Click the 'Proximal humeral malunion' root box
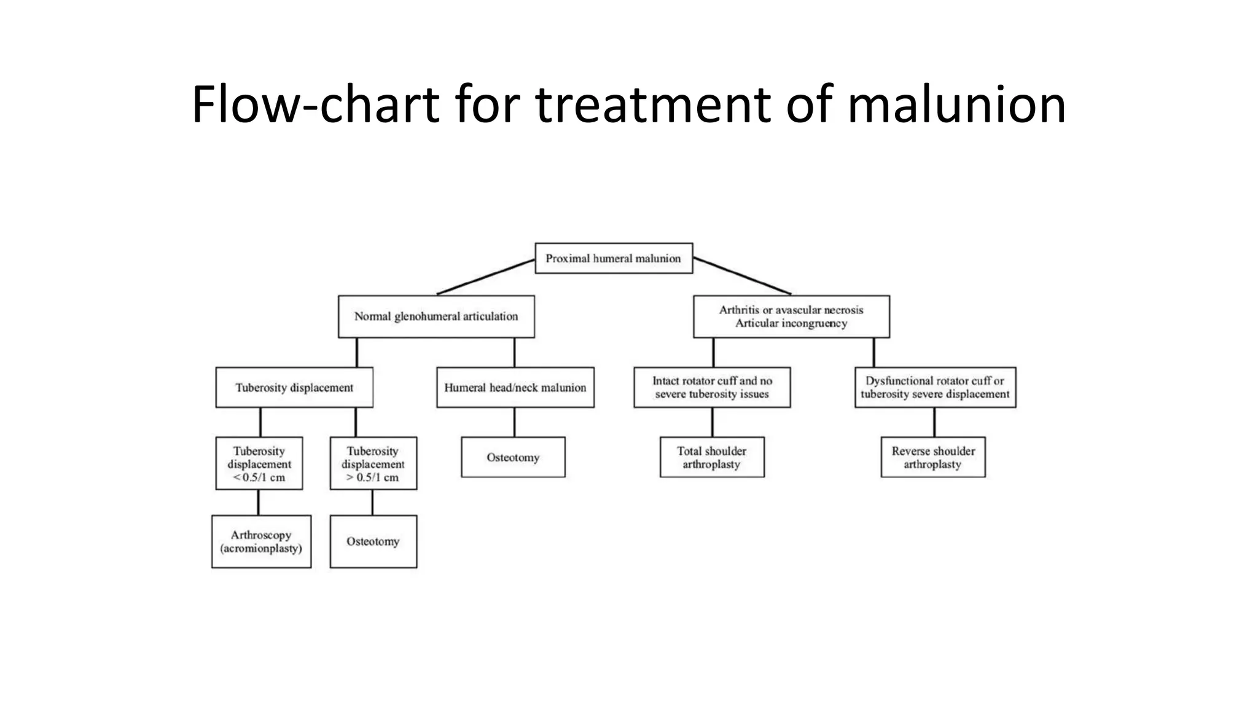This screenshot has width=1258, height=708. click(x=614, y=258)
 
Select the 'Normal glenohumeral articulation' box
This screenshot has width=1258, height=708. click(x=436, y=317)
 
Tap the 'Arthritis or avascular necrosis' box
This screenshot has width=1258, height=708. click(x=791, y=317)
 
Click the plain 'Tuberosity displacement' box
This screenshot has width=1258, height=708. click(x=294, y=387)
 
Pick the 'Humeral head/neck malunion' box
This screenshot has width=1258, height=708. click(x=515, y=387)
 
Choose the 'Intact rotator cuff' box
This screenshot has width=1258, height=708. click(x=712, y=387)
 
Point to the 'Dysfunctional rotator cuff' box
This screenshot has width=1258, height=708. click(x=935, y=387)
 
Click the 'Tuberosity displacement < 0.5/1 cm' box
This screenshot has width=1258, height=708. click(x=259, y=463)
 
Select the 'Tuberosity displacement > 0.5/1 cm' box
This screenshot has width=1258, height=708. click(x=373, y=463)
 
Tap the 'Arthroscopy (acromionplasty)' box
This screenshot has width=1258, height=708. click(x=261, y=541)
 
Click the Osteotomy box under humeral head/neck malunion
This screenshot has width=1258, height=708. click(x=513, y=457)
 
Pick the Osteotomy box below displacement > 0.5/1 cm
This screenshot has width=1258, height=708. click(x=373, y=541)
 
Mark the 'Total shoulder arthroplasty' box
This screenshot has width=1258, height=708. click(x=712, y=457)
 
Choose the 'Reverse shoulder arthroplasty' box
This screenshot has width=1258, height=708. click(x=933, y=457)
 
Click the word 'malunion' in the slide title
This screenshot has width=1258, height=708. click(x=956, y=104)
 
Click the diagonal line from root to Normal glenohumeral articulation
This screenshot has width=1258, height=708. click(x=486, y=277)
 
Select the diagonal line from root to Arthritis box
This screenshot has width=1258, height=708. click(x=742, y=277)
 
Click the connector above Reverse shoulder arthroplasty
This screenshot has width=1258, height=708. click(x=934, y=422)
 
